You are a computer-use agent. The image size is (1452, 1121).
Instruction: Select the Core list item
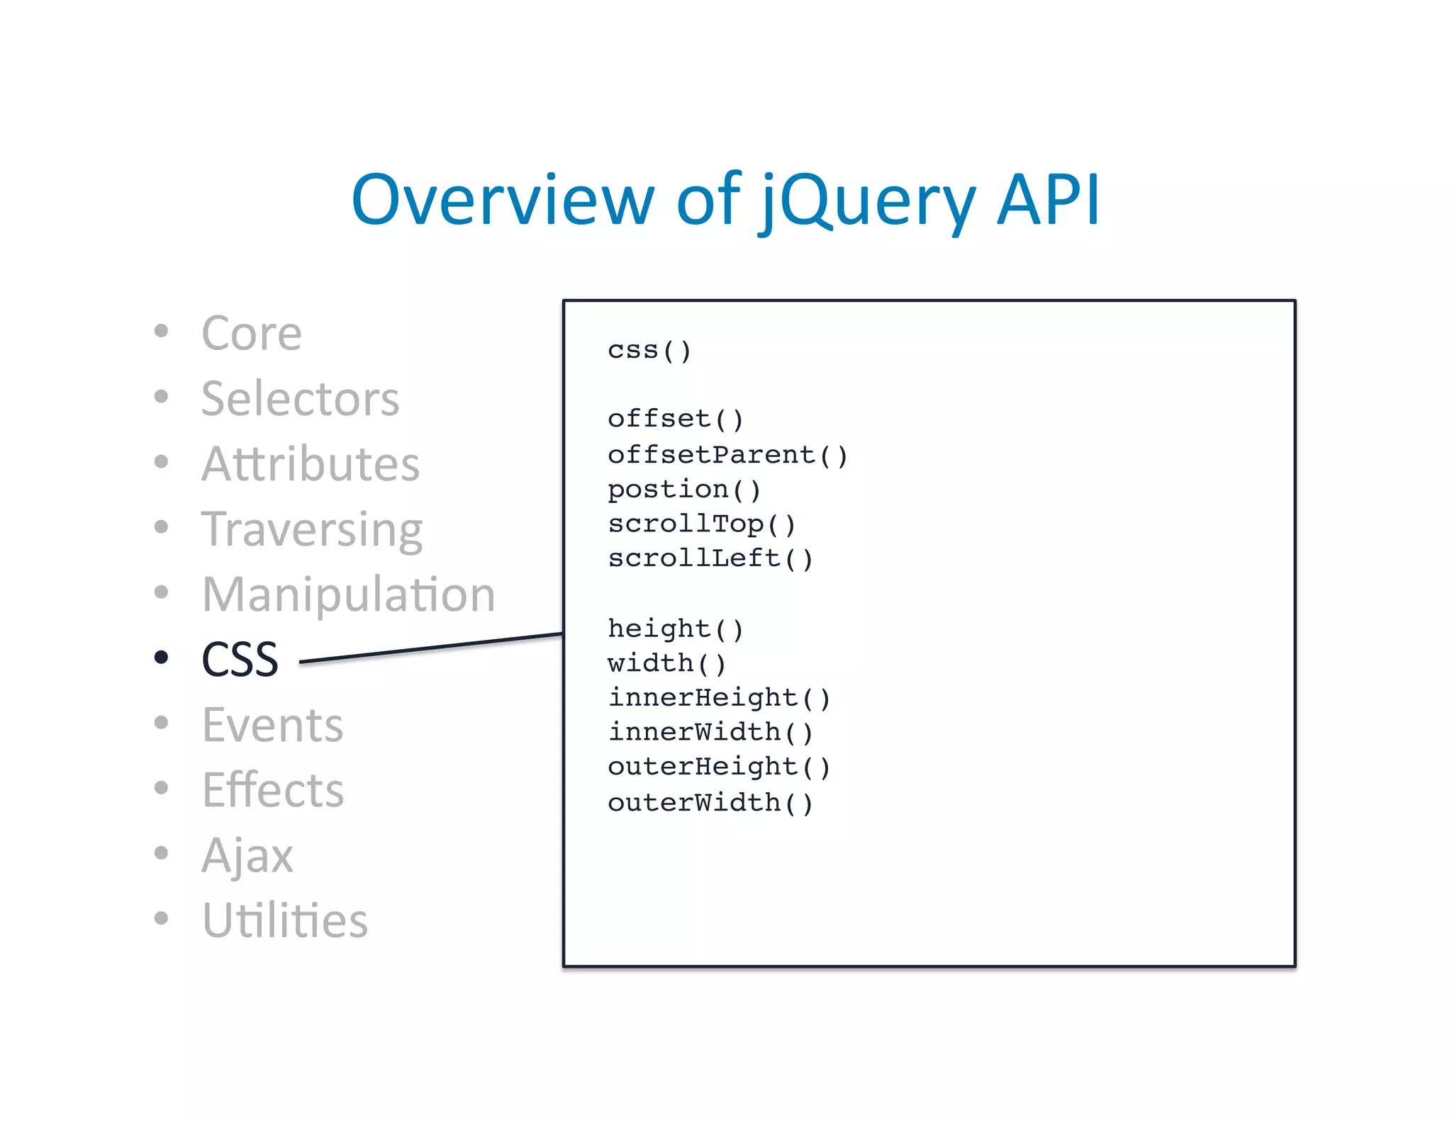(252, 333)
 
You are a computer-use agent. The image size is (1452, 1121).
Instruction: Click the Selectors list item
(300, 398)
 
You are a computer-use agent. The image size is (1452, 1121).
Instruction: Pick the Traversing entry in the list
(312, 530)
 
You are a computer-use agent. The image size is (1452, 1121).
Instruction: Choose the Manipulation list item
(348, 594)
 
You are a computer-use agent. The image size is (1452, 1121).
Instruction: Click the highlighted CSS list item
(240, 659)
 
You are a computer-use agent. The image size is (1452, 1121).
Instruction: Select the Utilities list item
(284, 920)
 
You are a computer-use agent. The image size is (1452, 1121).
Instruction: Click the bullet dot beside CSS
(162, 658)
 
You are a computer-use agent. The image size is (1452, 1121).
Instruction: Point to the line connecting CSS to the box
(431, 648)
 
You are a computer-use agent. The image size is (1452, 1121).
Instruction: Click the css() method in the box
(649, 350)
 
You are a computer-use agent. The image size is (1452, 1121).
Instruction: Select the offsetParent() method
(727, 454)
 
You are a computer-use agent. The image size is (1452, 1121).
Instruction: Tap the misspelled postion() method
(683, 489)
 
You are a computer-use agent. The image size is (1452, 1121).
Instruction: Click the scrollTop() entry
(701, 524)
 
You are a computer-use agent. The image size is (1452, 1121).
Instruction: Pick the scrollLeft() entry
(710, 558)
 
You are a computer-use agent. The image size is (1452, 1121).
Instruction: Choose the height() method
(675, 629)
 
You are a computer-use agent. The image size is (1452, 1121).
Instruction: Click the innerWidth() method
(710, 732)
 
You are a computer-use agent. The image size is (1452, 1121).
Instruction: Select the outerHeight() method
(718, 767)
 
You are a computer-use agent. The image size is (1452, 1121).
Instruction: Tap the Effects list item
(273, 790)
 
